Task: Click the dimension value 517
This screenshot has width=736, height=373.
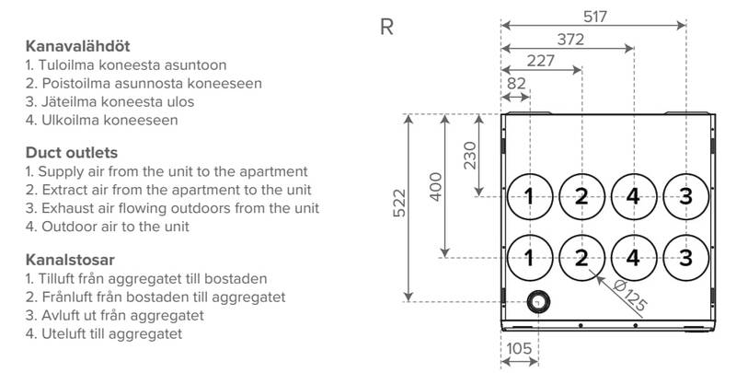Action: (x=593, y=16)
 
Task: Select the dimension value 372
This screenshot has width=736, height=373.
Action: (x=568, y=40)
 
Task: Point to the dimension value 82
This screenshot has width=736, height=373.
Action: (x=516, y=84)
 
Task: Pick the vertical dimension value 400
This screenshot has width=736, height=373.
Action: (x=436, y=185)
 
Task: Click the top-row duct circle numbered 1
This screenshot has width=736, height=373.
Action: (x=529, y=195)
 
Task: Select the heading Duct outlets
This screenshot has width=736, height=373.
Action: (x=70, y=152)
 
